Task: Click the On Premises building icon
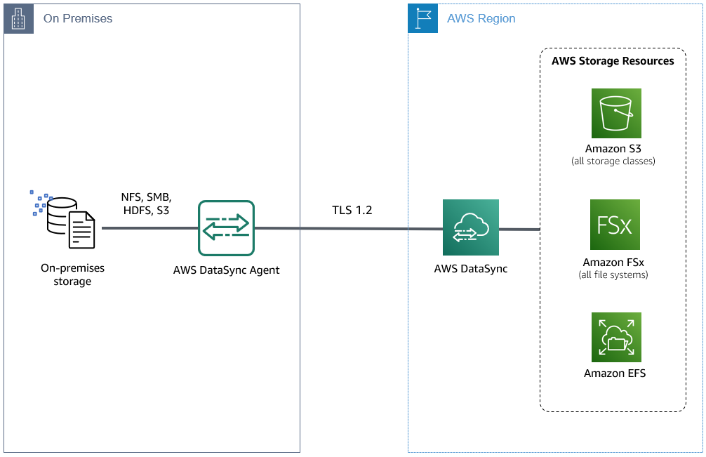coord(18,19)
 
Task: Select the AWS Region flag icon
coord(422,19)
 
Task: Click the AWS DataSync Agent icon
coord(226,228)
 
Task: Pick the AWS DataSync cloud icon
coord(471,227)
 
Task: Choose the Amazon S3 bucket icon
coord(615,113)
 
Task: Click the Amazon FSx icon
coord(615,225)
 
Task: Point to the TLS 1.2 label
coord(352,210)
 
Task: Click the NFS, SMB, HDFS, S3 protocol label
coord(146,204)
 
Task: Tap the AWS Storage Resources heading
coord(613,61)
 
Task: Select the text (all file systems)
coord(614,274)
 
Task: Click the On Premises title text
coord(78,19)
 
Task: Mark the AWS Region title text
coord(481,19)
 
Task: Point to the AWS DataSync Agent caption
coord(226,270)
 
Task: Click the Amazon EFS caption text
coord(615,373)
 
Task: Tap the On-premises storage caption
coord(72,275)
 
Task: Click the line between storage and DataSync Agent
coord(149,228)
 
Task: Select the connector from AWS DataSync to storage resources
coord(519,229)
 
